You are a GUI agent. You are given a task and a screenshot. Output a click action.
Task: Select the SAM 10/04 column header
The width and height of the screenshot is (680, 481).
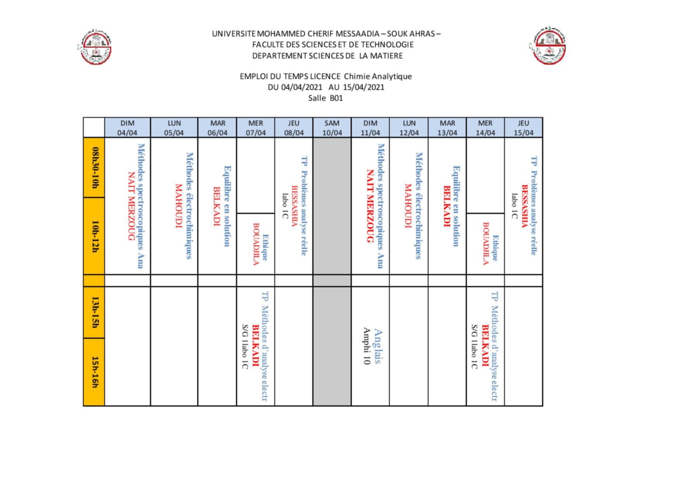pos(332,128)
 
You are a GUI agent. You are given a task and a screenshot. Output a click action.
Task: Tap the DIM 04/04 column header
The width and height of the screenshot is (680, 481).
pos(127,128)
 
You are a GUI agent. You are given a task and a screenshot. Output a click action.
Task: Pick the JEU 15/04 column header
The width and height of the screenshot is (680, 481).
pos(523,128)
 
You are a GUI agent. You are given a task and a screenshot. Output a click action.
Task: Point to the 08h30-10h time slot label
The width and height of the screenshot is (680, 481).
pos(95,167)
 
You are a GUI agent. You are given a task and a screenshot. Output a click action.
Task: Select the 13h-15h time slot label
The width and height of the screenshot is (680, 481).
pos(95,312)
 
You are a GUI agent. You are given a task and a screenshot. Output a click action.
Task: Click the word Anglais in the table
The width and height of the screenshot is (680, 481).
pos(378,346)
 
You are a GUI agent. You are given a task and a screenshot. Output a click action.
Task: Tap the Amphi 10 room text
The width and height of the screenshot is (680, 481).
pos(366,346)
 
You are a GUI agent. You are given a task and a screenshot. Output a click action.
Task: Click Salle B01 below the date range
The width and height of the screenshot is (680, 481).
pos(325,98)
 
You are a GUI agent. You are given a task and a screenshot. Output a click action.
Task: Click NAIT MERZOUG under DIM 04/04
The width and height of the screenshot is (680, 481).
pos(131,206)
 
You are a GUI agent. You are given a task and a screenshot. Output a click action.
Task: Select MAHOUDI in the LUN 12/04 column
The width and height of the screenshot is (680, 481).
pos(408,206)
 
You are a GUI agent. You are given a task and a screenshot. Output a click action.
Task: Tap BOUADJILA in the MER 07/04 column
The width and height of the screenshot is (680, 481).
pos(256,244)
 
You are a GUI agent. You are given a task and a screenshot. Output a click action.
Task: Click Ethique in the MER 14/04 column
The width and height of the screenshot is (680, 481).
pos(495,248)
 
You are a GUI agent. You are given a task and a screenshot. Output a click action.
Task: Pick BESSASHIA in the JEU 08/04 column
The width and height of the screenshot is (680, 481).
pos(294,206)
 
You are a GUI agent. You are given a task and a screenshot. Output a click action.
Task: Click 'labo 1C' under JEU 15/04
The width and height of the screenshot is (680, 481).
pos(514,206)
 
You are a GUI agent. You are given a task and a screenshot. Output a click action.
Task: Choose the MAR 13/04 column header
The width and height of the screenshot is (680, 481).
pos(447,128)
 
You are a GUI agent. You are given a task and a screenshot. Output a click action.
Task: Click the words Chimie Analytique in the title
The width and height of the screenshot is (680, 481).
pos(378,76)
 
